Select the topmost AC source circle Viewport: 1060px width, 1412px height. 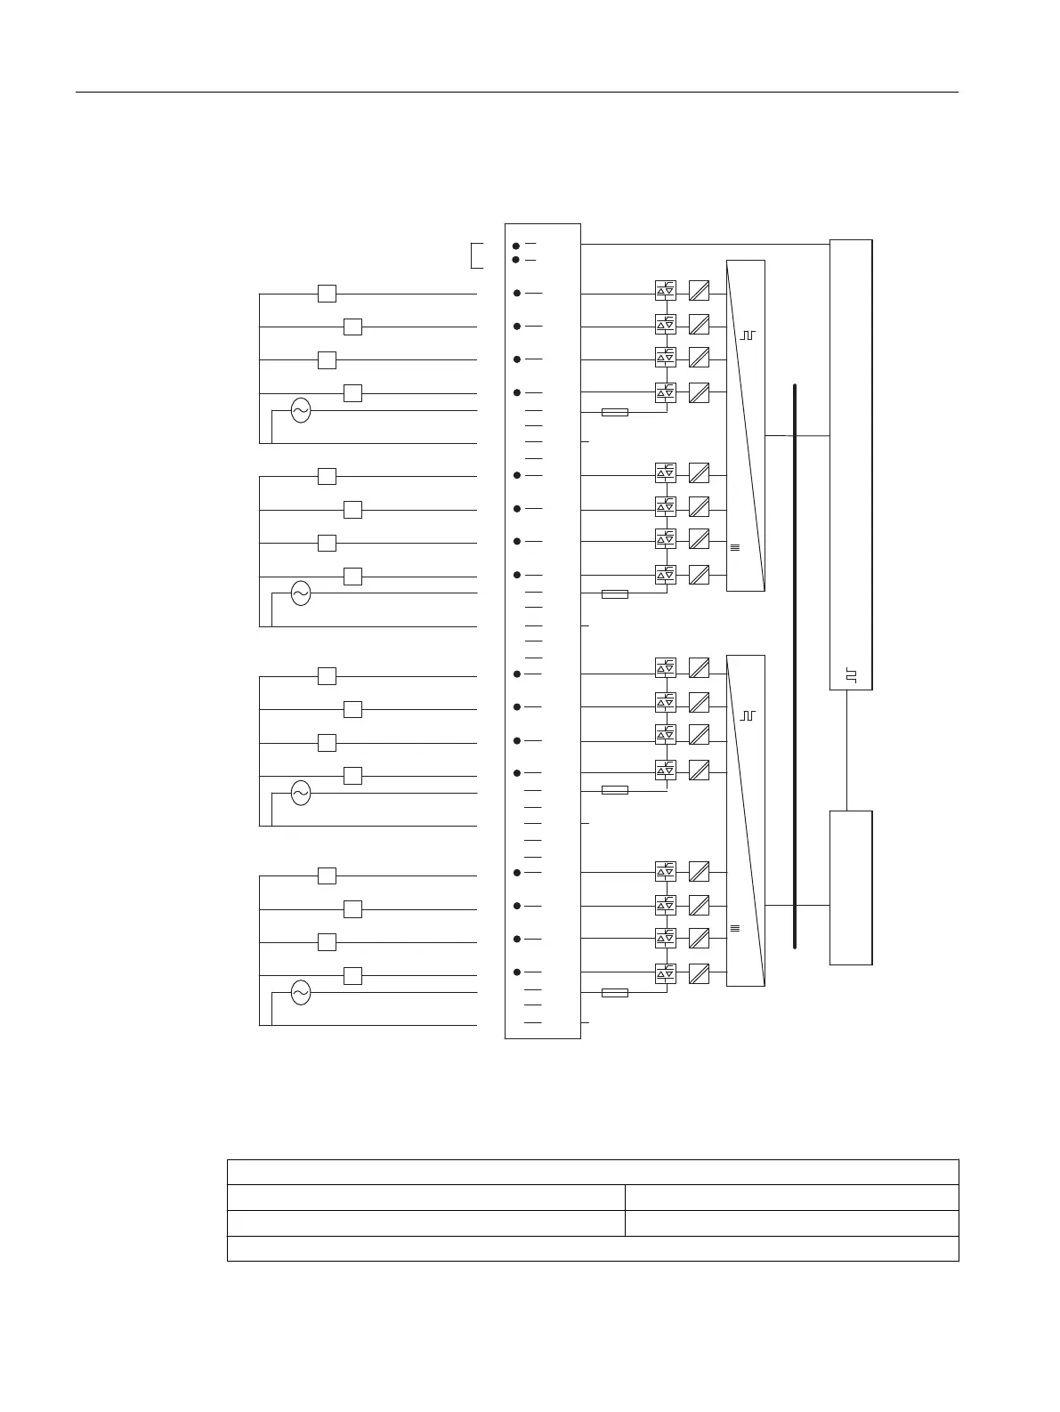[301, 410]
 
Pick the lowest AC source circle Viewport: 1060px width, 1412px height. [301, 993]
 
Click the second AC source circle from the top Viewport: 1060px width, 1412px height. [301, 593]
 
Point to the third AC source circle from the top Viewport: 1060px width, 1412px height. [301, 793]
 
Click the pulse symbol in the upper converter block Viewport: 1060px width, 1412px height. [748, 335]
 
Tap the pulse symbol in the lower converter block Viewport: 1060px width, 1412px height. [748, 714]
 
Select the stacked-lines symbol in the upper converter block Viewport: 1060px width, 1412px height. [735, 547]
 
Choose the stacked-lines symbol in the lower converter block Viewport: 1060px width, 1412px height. [735, 929]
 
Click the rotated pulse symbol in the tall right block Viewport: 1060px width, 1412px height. [851, 676]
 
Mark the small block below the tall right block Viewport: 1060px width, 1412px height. [851, 887]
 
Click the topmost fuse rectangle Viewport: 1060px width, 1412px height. [615, 413]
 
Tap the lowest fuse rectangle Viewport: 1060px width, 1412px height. [615, 993]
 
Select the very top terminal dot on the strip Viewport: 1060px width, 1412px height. [516, 245]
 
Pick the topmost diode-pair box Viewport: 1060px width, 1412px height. [666, 291]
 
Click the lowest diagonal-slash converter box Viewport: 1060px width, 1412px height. [700, 973]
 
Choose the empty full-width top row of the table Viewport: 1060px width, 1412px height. [593, 1172]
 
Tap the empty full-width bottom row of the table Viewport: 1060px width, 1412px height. [593, 1248]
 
